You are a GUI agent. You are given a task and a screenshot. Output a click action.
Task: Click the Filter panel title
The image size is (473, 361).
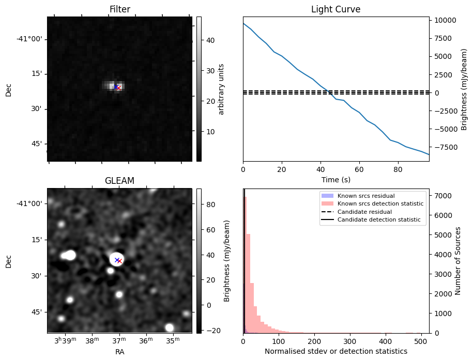point(119,9)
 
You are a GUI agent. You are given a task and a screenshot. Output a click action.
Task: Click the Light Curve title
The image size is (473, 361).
point(335,9)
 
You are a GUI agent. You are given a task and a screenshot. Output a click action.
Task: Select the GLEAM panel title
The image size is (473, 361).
point(119,181)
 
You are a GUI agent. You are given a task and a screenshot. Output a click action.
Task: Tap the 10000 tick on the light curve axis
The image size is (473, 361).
point(446,21)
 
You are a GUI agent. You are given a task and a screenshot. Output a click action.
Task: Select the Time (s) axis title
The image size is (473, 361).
point(335,179)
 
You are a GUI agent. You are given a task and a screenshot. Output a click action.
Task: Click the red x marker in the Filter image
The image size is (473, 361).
point(119,88)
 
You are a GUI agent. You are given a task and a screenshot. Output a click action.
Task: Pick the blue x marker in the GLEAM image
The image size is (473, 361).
point(117,260)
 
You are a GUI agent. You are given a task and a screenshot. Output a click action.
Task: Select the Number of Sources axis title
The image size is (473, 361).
point(457,261)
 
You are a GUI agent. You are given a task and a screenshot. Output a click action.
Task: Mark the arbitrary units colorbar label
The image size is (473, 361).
point(221,89)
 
